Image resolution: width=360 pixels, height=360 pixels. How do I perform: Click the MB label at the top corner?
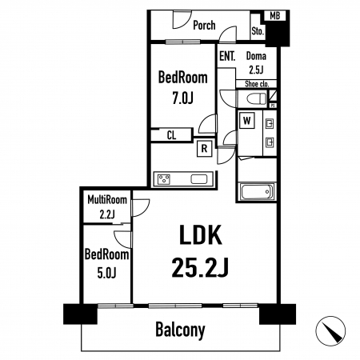[x=275, y=16]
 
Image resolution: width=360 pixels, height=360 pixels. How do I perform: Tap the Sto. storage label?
[x=258, y=31]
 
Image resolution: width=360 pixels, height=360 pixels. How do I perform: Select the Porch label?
[x=204, y=26]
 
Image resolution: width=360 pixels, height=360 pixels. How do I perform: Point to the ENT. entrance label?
[x=227, y=56]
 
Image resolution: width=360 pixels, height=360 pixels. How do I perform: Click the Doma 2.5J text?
[x=256, y=63]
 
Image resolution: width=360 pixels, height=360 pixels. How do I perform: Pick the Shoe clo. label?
[x=257, y=84]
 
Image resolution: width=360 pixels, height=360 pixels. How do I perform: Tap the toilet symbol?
[x=256, y=99]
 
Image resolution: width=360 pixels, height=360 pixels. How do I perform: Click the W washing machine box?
[x=247, y=121]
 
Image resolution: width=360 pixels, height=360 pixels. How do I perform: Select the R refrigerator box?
[x=204, y=148]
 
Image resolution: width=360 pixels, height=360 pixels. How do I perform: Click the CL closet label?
[x=172, y=135]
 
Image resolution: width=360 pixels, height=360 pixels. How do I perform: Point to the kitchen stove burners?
[x=164, y=179]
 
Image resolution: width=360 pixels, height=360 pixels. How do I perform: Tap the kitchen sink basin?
[x=199, y=179]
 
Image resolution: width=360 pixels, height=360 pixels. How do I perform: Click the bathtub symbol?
[x=257, y=191]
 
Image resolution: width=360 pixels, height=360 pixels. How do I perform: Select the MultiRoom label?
[x=107, y=199]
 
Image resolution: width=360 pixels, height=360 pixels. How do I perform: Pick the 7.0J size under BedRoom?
[x=182, y=98]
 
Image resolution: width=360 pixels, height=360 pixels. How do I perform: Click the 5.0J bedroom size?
[x=106, y=273]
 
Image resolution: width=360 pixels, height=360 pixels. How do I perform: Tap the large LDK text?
[x=201, y=235]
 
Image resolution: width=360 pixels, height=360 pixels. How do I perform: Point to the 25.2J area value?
[x=200, y=268]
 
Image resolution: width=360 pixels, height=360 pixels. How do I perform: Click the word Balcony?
[x=181, y=330]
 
